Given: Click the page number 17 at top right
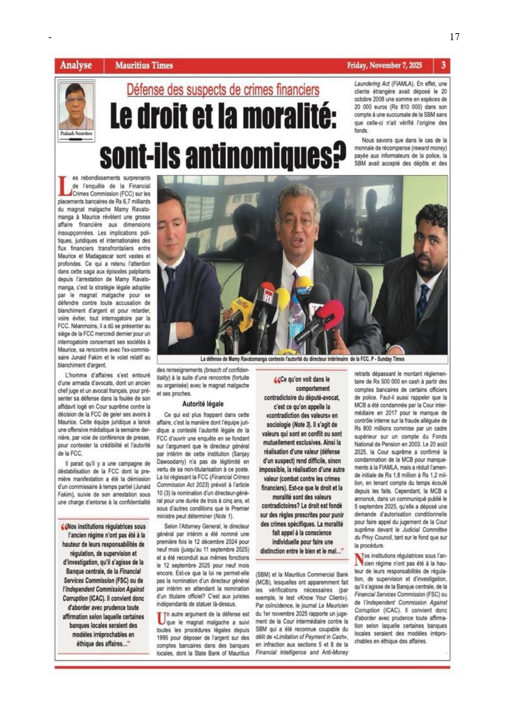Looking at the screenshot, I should tap(454, 37).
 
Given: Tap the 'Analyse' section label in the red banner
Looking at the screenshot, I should tap(76, 65).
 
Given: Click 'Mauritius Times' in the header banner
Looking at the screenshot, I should tap(144, 66).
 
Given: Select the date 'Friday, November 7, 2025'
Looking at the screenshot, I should tap(384, 66).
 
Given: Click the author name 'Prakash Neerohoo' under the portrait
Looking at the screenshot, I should tap(76, 133).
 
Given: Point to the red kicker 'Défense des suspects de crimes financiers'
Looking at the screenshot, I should tap(223, 90).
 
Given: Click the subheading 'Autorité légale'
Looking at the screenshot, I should tap(203, 404).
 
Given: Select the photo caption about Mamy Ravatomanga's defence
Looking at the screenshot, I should tap(302, 359).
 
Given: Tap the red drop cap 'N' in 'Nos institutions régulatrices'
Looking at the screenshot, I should tap(359, 559).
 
